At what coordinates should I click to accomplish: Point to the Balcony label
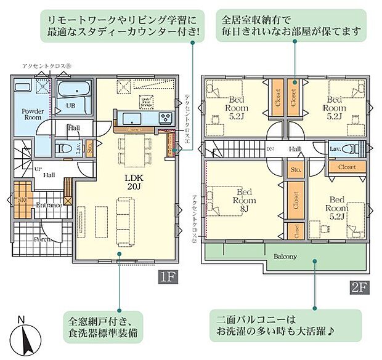(282, 256)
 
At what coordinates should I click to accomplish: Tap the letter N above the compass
(22, 319)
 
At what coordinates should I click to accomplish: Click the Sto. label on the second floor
(295, 169)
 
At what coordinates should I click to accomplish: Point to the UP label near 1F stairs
(38, 169)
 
